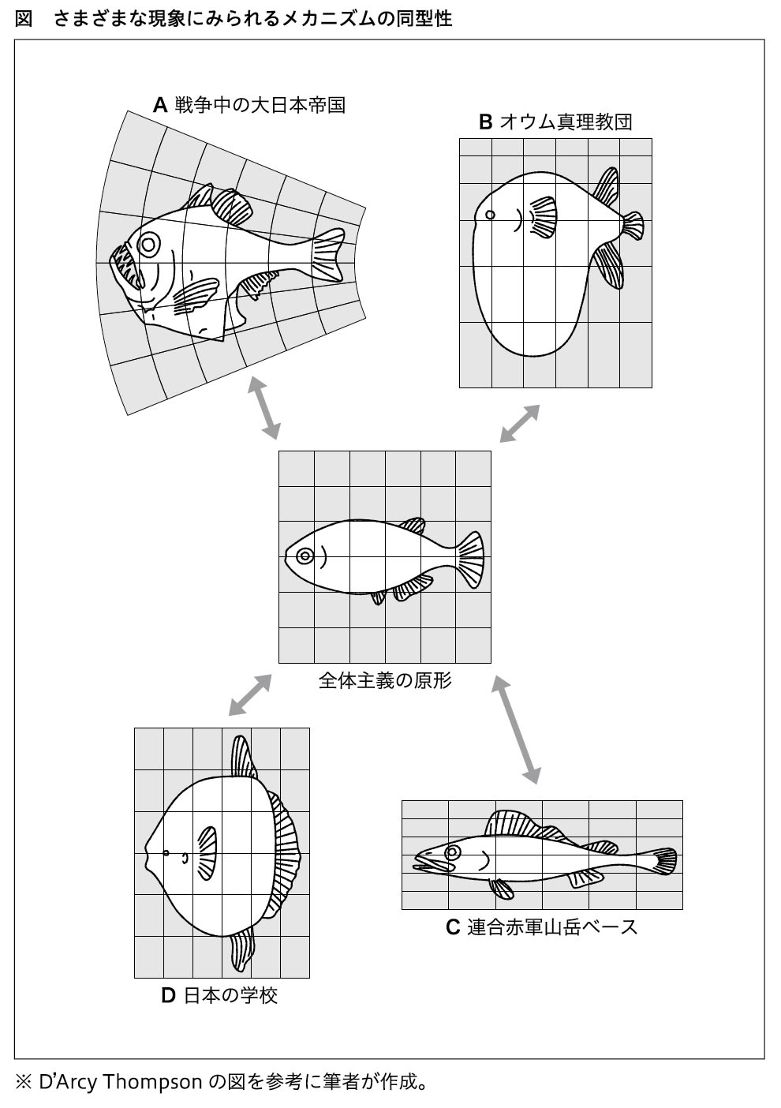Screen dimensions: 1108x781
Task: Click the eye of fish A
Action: pyautogui.click(x=148, y=244)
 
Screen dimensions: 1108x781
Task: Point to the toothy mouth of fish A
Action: pyautogui.click(x=126, y=267)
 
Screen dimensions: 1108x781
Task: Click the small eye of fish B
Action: pyautogui.click(x=490, y=215)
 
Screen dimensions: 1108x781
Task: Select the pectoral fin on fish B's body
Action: pyautogui.click(x=542, y=216)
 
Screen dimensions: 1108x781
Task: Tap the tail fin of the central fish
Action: pyautogui.click(x=470, y=557)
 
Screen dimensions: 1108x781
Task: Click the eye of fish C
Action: pyautogui.click(x=453, y=852)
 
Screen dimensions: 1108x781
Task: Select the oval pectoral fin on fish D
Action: pyautogui.click(x=207, y=852)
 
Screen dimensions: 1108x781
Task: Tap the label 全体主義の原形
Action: pyautogui.click(x=385, y=679)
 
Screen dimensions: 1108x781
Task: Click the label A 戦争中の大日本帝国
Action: pyautogui.click(x=249, y=104)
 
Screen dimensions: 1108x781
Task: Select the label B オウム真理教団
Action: pyautogui.click(x=555, y=122)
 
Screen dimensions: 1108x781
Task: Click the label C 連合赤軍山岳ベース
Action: pyautogui.click(x=541, y=926)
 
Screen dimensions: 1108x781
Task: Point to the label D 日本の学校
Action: pyautogui.click(x=219, y=995)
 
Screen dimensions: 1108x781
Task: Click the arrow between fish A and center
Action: pyautogui.click(x=264, y=407)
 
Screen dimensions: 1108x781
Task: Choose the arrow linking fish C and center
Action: pyautogui.click(x=517, y=728)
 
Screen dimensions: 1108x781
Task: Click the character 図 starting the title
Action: pyautogui.click(x=24, y=18)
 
